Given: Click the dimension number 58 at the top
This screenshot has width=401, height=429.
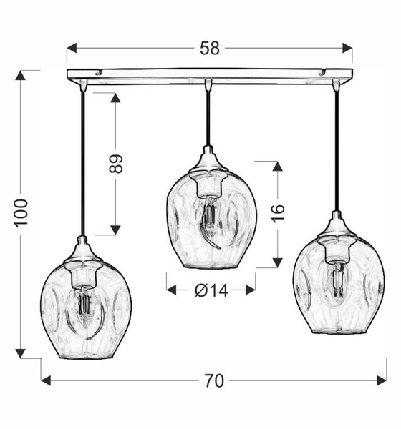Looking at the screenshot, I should point(209,49).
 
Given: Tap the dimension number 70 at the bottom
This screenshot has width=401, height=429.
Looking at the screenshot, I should point(213,381).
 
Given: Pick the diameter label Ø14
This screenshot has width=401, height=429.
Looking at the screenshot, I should point(211,290).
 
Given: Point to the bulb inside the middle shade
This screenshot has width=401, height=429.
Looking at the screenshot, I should point(209,218).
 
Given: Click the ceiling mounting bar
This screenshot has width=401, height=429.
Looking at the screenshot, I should point(209,74).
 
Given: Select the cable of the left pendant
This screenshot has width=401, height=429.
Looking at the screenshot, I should point(84,164).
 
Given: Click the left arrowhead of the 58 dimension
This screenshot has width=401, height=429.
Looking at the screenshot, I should point(70,49).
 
